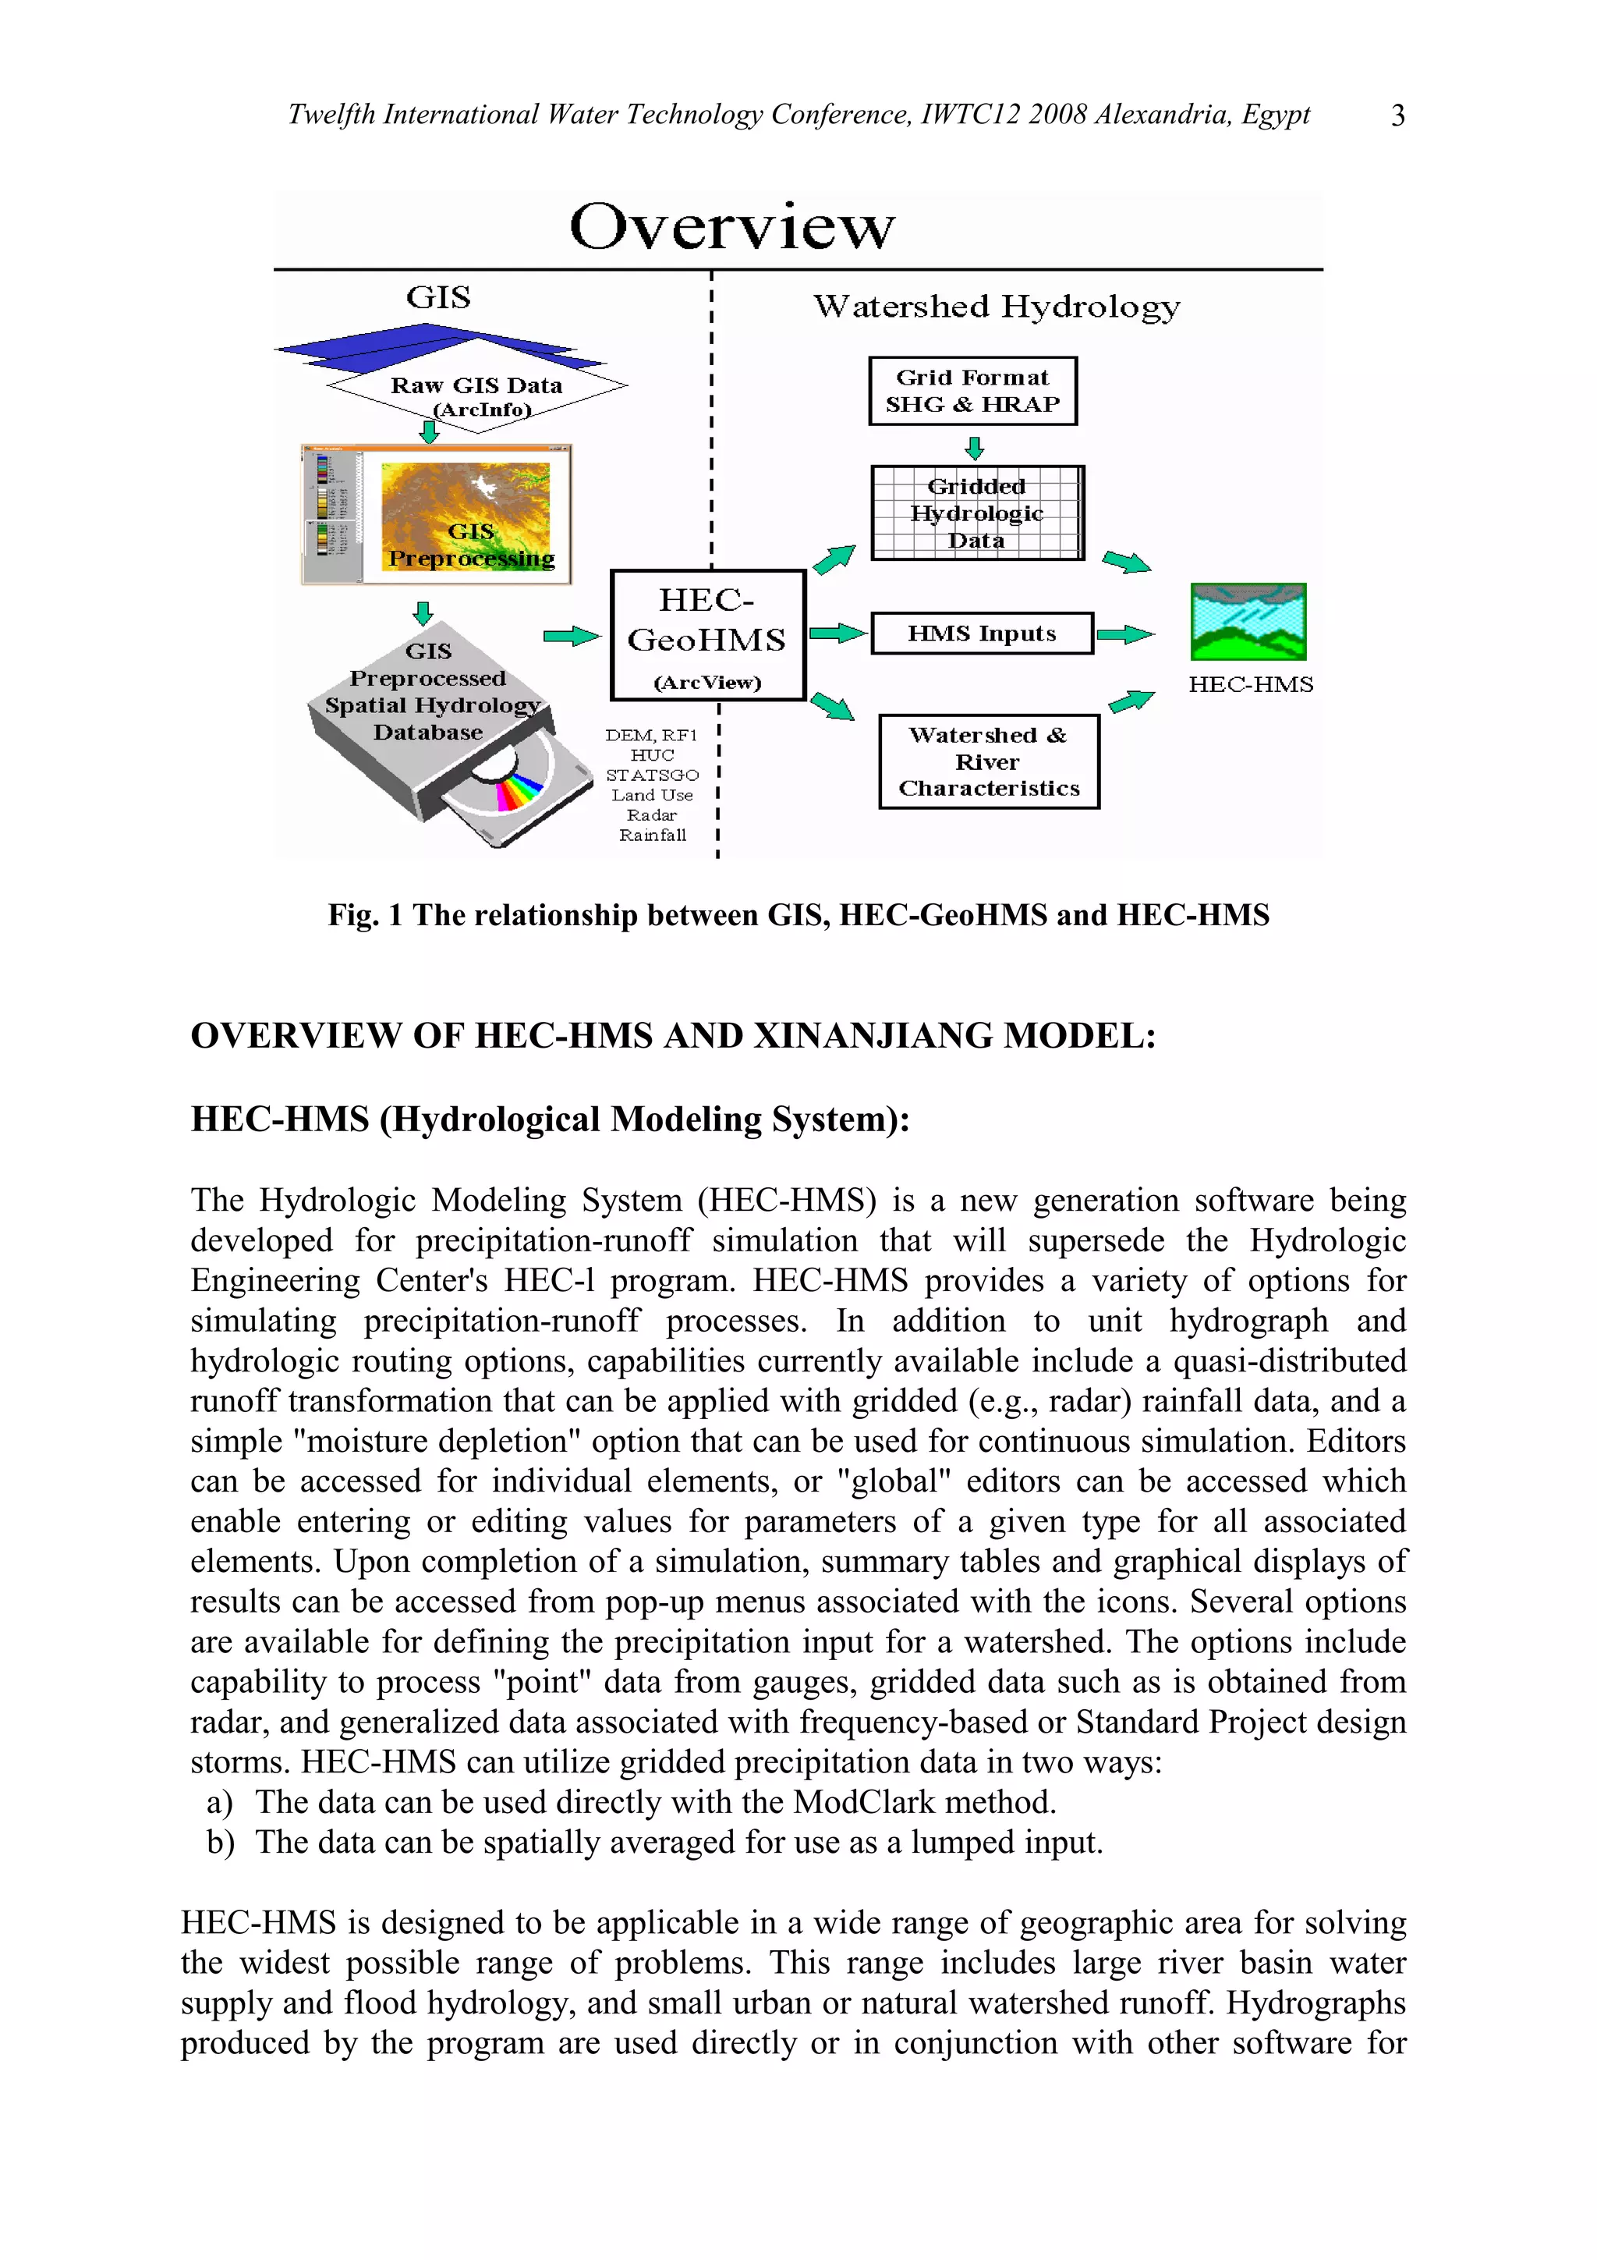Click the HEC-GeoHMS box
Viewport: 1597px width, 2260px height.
pos(707,635)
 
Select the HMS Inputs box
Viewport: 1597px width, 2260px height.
pos(981,633)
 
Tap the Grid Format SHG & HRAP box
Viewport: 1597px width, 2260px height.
pos(972,391)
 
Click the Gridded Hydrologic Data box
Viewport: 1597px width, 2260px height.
pos(976,513)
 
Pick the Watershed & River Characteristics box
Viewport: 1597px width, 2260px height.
pos(988,762)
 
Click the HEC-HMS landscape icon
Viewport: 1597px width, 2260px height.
pos(1248,621)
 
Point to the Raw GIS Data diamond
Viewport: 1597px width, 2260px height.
pos(476,387)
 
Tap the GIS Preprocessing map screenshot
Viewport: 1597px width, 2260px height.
pos(437,515)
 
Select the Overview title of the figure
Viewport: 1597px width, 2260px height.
pos(732,226)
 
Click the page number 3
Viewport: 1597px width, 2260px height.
pos(1397,116)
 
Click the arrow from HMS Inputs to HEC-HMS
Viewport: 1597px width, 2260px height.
pos(1124,634)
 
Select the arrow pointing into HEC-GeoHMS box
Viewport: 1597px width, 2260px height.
pos(571,637)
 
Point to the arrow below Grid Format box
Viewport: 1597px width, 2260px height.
pos(974,448)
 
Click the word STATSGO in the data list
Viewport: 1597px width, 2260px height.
pos(651,775)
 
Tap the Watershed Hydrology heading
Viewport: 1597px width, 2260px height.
pos(996,307)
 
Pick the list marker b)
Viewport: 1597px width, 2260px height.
pos(221,1843)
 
